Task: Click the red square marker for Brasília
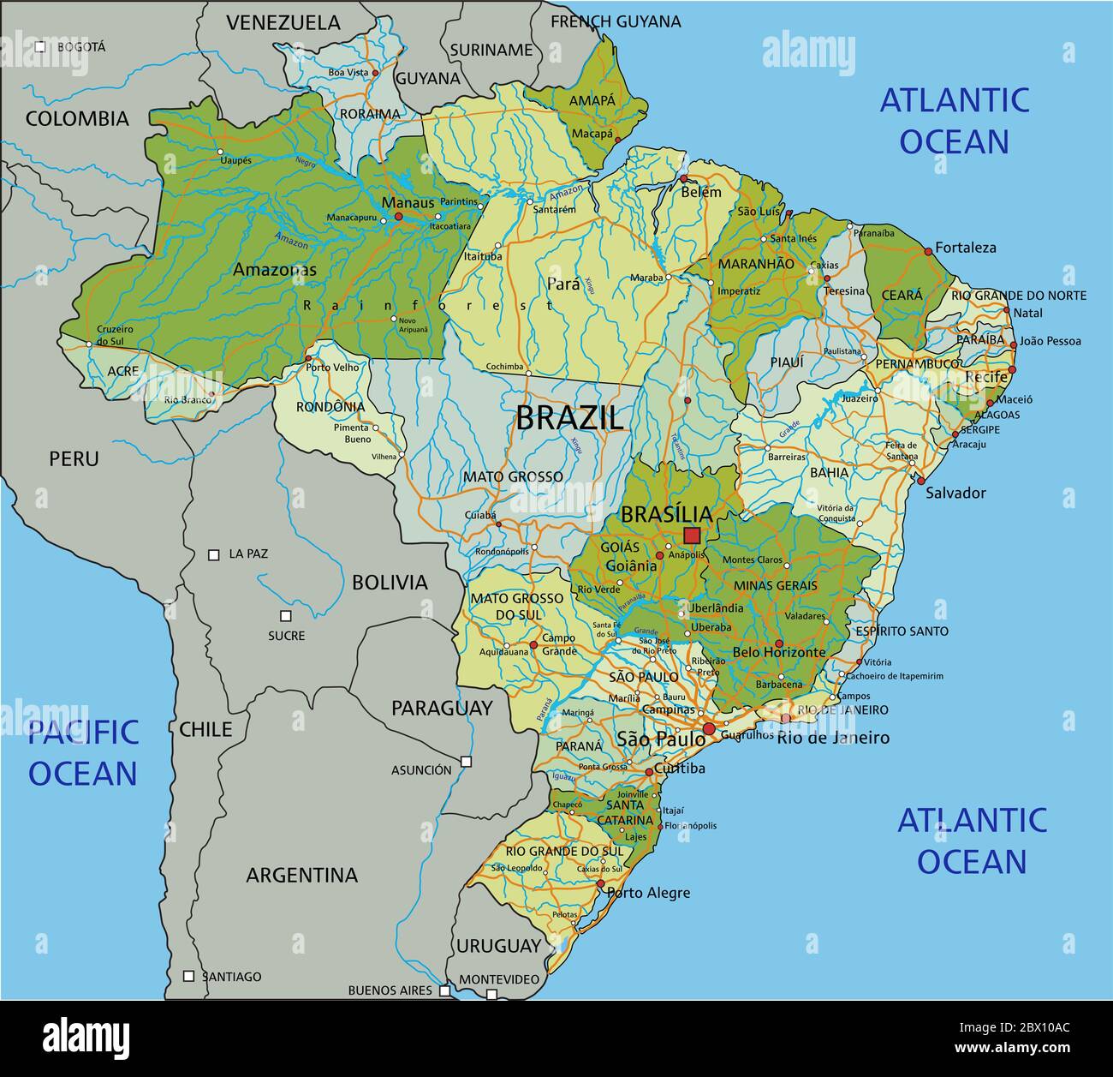692,536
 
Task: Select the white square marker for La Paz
214,554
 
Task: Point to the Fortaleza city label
965,248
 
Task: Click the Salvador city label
955,493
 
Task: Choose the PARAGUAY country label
442,708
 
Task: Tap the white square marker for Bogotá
40,47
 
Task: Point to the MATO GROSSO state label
513,476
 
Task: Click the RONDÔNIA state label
330,407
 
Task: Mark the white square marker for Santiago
189,976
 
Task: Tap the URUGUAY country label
498,946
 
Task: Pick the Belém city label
701,193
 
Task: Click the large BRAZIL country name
569,418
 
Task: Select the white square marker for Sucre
286,616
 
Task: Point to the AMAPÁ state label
592,100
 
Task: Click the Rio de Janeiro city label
832,738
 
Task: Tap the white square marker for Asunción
466,761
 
